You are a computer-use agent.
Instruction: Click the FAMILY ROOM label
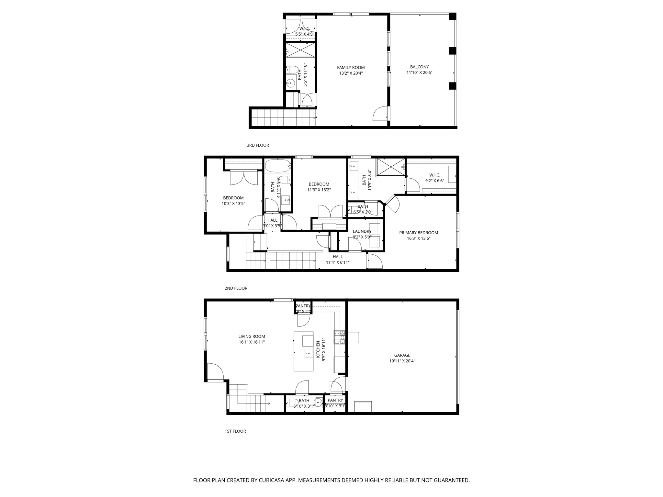[351, 68]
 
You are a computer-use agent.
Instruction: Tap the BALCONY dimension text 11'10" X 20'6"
[419, 73]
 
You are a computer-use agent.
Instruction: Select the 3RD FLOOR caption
[258, 145]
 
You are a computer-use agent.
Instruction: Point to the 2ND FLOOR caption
[236, 288]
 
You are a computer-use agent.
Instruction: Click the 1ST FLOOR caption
[235, 431]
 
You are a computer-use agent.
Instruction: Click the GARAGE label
[402, 355]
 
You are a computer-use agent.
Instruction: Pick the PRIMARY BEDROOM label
[418, 233]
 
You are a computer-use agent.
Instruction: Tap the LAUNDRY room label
[362, 231]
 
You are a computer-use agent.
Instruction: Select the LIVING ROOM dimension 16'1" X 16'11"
[252, 342]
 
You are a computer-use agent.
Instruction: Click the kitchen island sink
[308, 353]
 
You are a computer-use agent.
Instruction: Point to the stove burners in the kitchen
[340, 337]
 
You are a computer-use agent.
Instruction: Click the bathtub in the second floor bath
[277, 166]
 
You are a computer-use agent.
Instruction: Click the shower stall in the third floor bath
[300, 50]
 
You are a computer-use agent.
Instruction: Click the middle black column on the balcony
[452, 51]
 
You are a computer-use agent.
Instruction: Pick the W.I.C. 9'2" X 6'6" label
[434, 178]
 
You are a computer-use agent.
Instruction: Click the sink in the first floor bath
[319, 403]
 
